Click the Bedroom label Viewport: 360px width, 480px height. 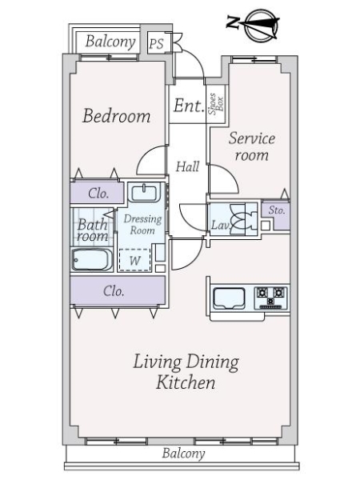tap(117, 116)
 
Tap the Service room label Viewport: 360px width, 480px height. tap(252, 146)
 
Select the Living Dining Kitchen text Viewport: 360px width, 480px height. tap(186, 372)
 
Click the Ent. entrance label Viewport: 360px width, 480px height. tap(189, 106)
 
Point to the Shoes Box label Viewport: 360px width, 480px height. tap(216, 104)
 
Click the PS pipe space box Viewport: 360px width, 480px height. tap(157, 43)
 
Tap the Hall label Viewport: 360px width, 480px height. tap(187, 167)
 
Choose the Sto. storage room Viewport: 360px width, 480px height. tap(275, 215)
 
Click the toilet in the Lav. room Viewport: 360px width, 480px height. tap(243, 217)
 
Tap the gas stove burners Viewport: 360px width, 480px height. tap(270, 297)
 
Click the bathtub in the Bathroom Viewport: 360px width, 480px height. tap(92, 259)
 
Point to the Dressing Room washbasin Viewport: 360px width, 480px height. tap(144, 193)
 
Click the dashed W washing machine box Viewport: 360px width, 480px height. tap(134, 260)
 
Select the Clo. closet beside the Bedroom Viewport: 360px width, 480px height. tap(97, 193)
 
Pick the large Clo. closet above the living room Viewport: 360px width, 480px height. tap(118, 290)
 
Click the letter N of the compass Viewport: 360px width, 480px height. tap(233, 23)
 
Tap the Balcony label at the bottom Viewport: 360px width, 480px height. tap(183, 454)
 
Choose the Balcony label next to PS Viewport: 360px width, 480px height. tap(110, 42)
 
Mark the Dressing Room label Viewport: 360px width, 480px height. tap(142, 224)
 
